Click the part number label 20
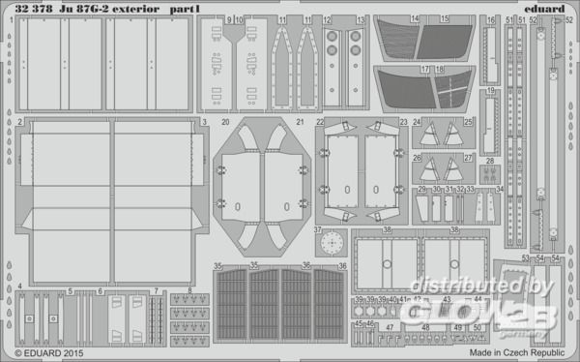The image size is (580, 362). (x=224, y=123)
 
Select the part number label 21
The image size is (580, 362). (x=299, y=123)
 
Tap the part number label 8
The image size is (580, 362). (x=189, y=290)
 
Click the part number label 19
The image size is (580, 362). (x=492, y=91)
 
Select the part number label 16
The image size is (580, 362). (x=490, y=19)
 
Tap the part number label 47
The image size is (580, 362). (x=389, y=328)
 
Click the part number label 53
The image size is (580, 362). (x=524, y=258)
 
